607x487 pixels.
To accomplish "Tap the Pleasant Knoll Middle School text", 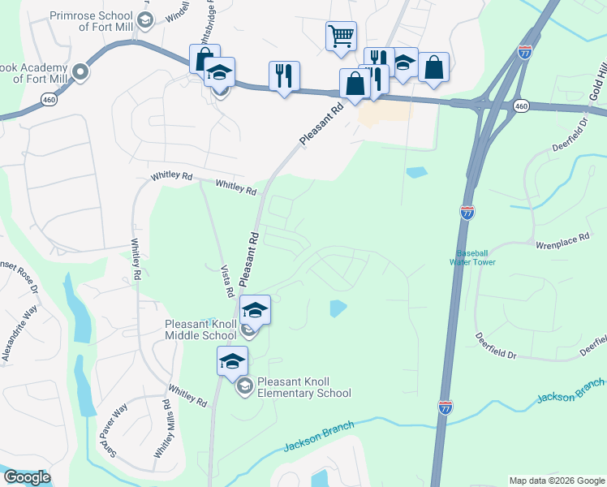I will pos(201,330).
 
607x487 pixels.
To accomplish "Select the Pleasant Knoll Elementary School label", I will pos(303,387).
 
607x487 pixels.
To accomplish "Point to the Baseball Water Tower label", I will pos(475,257).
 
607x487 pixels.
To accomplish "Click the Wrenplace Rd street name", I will pos(562,243).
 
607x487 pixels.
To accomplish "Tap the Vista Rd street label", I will pos(228,280).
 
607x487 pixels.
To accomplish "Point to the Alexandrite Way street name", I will pos(19,333).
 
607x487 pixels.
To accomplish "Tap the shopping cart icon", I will pos(342,36).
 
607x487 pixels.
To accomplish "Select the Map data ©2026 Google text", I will pos(556,481).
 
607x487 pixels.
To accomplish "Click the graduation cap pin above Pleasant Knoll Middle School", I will pos(255,309).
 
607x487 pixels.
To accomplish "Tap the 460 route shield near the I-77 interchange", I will pos(522,106).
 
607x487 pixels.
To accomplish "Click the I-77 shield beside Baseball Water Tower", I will pos(467,213).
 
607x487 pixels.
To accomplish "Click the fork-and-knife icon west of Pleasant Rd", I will pos(284,76).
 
